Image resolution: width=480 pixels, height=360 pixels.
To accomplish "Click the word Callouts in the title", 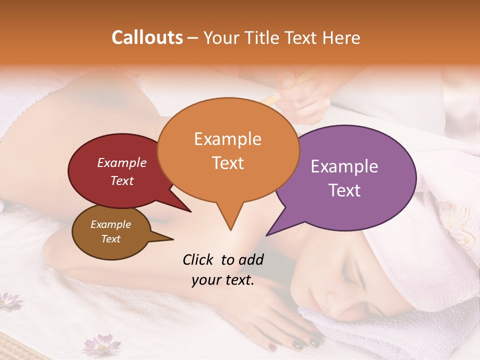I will click(x=147, y=37).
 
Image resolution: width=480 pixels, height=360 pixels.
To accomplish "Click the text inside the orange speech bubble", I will click(x=228, y=150).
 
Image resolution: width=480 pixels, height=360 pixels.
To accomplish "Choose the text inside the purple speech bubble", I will click(x=344, y=178).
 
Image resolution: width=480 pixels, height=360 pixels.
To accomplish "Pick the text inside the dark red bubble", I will click(x=122, y=171).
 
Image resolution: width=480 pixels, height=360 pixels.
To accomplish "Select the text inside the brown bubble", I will click(x=110, y=231).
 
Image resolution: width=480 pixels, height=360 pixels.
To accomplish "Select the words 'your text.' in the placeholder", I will click(x=223, y=280).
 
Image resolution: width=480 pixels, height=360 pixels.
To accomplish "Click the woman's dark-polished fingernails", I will click(x=300, y=344).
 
